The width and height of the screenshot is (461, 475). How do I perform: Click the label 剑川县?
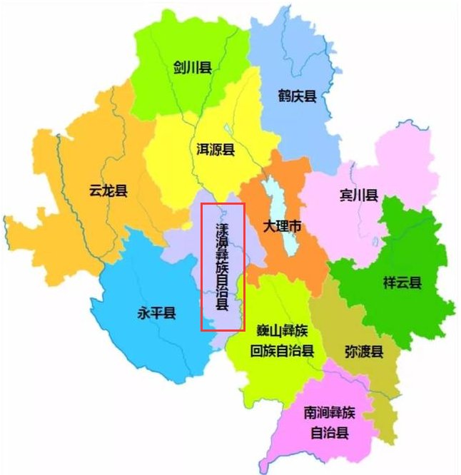coord(192,68)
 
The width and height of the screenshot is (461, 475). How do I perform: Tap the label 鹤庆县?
coord(297,95)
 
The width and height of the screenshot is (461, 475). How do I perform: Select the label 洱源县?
coord(216,150)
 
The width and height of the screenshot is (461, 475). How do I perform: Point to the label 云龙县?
coord(108,190)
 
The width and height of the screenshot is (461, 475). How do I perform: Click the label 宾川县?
coord(358,195)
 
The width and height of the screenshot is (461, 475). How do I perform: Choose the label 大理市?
coord(282,228)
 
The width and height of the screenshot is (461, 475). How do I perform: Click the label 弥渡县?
coord(364,352)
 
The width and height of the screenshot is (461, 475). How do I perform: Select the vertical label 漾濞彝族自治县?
coord(223,267)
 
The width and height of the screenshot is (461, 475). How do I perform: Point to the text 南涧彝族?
coord(328,413)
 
